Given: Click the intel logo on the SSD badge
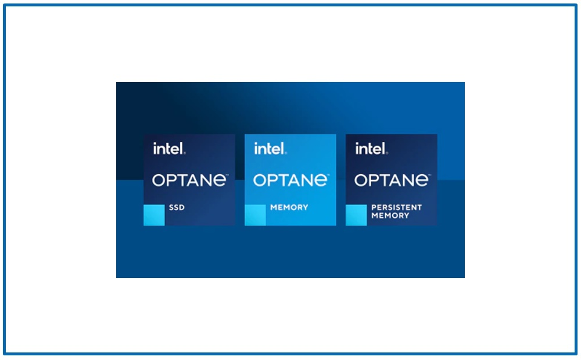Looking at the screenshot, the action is tap(169, 149).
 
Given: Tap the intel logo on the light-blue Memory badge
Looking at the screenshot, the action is tap(270, 149).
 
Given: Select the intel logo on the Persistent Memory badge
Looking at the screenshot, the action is tap(371, 149).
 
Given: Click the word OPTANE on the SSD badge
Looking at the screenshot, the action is tap(190, 181).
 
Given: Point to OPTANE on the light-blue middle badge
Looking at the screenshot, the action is tap(291, 181).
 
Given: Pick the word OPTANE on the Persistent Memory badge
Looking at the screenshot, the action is tap(392, 181).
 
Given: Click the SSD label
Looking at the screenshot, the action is tap(177, 207).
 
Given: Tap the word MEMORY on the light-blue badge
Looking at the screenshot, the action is tap(289, 207).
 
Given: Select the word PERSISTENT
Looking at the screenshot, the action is tap(396, 207).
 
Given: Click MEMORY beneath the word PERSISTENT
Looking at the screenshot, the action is tap(390, 215).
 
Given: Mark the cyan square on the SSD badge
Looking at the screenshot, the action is tap(154, 215).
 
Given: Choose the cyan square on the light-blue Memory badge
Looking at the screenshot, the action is tap(255, 215).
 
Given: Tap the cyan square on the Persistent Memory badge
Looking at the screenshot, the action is tap(357, 215).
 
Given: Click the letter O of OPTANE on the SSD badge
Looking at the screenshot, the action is tap(159, 181).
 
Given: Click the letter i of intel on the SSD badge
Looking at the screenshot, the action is tap(155, 149).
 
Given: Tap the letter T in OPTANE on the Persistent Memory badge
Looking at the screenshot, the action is tap(385, 181).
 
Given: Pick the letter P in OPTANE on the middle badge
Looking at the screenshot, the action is tap(273, 181).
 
